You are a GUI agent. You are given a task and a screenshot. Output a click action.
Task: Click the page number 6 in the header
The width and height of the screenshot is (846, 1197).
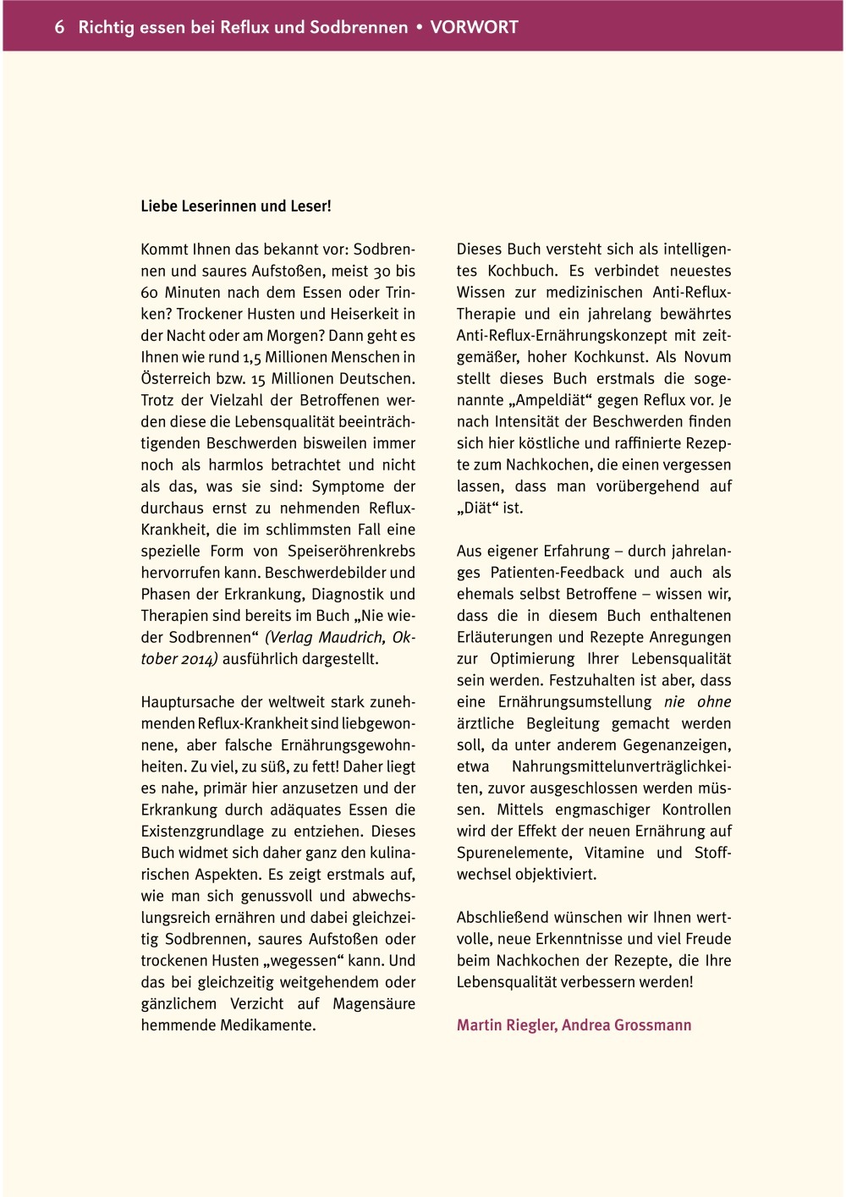59,27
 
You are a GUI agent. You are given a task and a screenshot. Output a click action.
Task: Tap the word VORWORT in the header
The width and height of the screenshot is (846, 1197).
474,27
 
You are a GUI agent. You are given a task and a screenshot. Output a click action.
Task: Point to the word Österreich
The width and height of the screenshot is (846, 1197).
173,379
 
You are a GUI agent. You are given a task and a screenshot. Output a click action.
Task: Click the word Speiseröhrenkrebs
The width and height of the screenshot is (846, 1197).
352,552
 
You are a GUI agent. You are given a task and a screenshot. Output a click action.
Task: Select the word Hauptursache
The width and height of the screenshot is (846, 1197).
189,702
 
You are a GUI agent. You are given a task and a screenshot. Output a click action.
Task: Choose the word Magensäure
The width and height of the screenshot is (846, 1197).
374,1004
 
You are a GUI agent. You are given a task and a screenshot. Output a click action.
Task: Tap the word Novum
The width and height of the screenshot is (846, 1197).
707,357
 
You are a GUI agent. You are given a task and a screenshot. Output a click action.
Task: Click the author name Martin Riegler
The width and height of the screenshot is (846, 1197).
506,1025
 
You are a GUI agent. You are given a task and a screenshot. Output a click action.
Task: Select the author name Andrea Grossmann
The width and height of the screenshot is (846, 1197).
627,1025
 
